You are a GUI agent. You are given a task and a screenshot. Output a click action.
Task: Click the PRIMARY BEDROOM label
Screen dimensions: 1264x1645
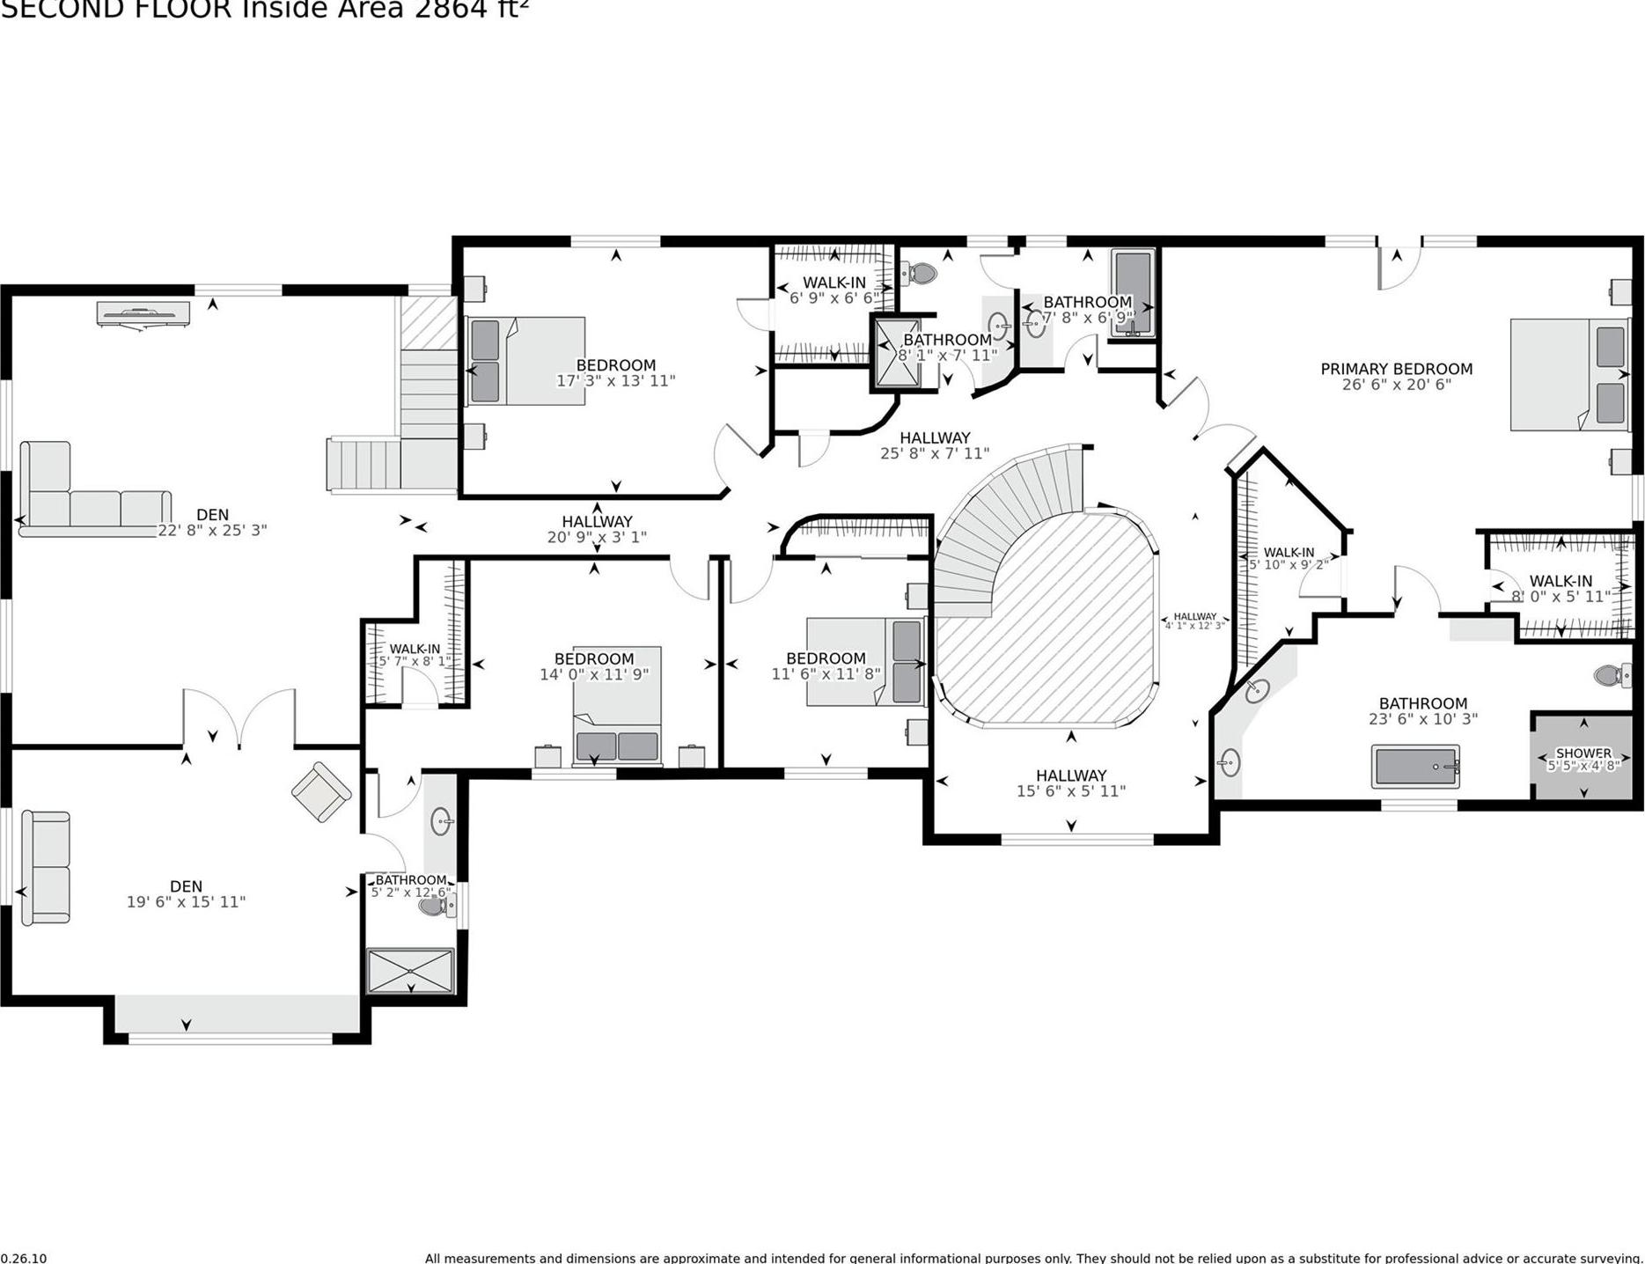(1396, 369)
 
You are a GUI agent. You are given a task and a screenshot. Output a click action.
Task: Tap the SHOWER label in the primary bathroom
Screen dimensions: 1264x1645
(1583, 753)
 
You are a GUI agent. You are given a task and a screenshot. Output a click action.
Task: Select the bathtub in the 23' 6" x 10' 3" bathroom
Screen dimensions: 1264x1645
(1415, 766)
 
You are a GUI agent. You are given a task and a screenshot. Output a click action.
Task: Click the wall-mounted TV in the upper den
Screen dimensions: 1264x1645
(143, 313)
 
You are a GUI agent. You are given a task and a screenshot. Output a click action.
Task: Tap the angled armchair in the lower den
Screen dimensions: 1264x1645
(321, 792)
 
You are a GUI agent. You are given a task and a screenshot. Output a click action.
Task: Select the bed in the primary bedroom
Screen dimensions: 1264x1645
(1567, 374)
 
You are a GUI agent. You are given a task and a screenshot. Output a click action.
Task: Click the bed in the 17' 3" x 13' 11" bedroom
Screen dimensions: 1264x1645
(525, 361)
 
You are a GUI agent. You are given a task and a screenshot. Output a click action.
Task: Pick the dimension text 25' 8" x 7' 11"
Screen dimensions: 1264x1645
(935, 454)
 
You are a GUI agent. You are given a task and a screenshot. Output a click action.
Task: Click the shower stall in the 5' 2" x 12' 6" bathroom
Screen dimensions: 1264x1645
(410, 970)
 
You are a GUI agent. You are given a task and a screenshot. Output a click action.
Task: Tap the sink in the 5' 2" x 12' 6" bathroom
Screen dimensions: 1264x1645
(441, 822)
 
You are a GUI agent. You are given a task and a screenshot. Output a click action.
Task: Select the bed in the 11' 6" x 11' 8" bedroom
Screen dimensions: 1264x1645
(864, 662)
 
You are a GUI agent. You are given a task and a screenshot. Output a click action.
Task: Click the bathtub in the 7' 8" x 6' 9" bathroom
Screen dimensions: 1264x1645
(1133, 293)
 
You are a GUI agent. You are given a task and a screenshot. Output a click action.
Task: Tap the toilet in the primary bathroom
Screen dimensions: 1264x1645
(1611, 675)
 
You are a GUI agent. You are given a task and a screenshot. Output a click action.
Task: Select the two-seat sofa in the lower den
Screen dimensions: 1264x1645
(46, 867)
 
